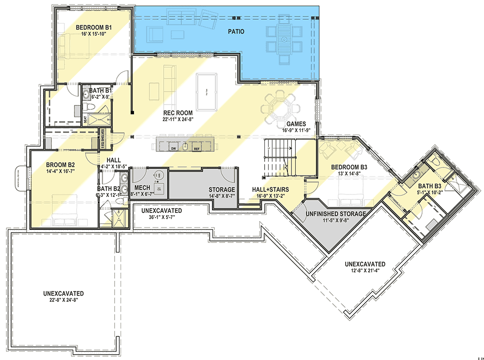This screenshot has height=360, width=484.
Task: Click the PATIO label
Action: tap(236, 32)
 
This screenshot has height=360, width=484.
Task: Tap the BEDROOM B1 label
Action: tap(94, 27)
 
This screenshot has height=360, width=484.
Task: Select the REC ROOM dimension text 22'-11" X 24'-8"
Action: tap(178, 120)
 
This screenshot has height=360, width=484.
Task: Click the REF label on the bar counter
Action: tap(197, 148)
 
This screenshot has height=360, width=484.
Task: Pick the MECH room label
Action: tap(142, 187)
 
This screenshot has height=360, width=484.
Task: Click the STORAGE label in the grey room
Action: tap(222, 190)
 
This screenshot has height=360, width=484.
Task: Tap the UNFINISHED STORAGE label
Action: tap(335, 213)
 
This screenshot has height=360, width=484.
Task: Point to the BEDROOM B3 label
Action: tap(349, 167)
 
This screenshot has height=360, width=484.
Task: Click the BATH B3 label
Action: tap(429, 186)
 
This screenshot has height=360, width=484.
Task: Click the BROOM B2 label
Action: tap(60, 164)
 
